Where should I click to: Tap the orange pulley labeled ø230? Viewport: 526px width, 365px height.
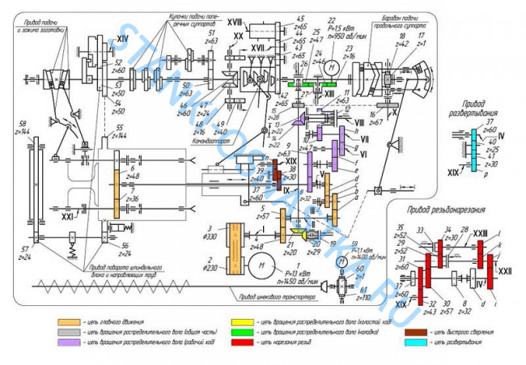tap(236, 261)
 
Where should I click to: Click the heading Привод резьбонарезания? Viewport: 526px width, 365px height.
tap(458, 210)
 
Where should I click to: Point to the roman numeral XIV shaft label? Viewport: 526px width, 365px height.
tap(124, 38)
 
